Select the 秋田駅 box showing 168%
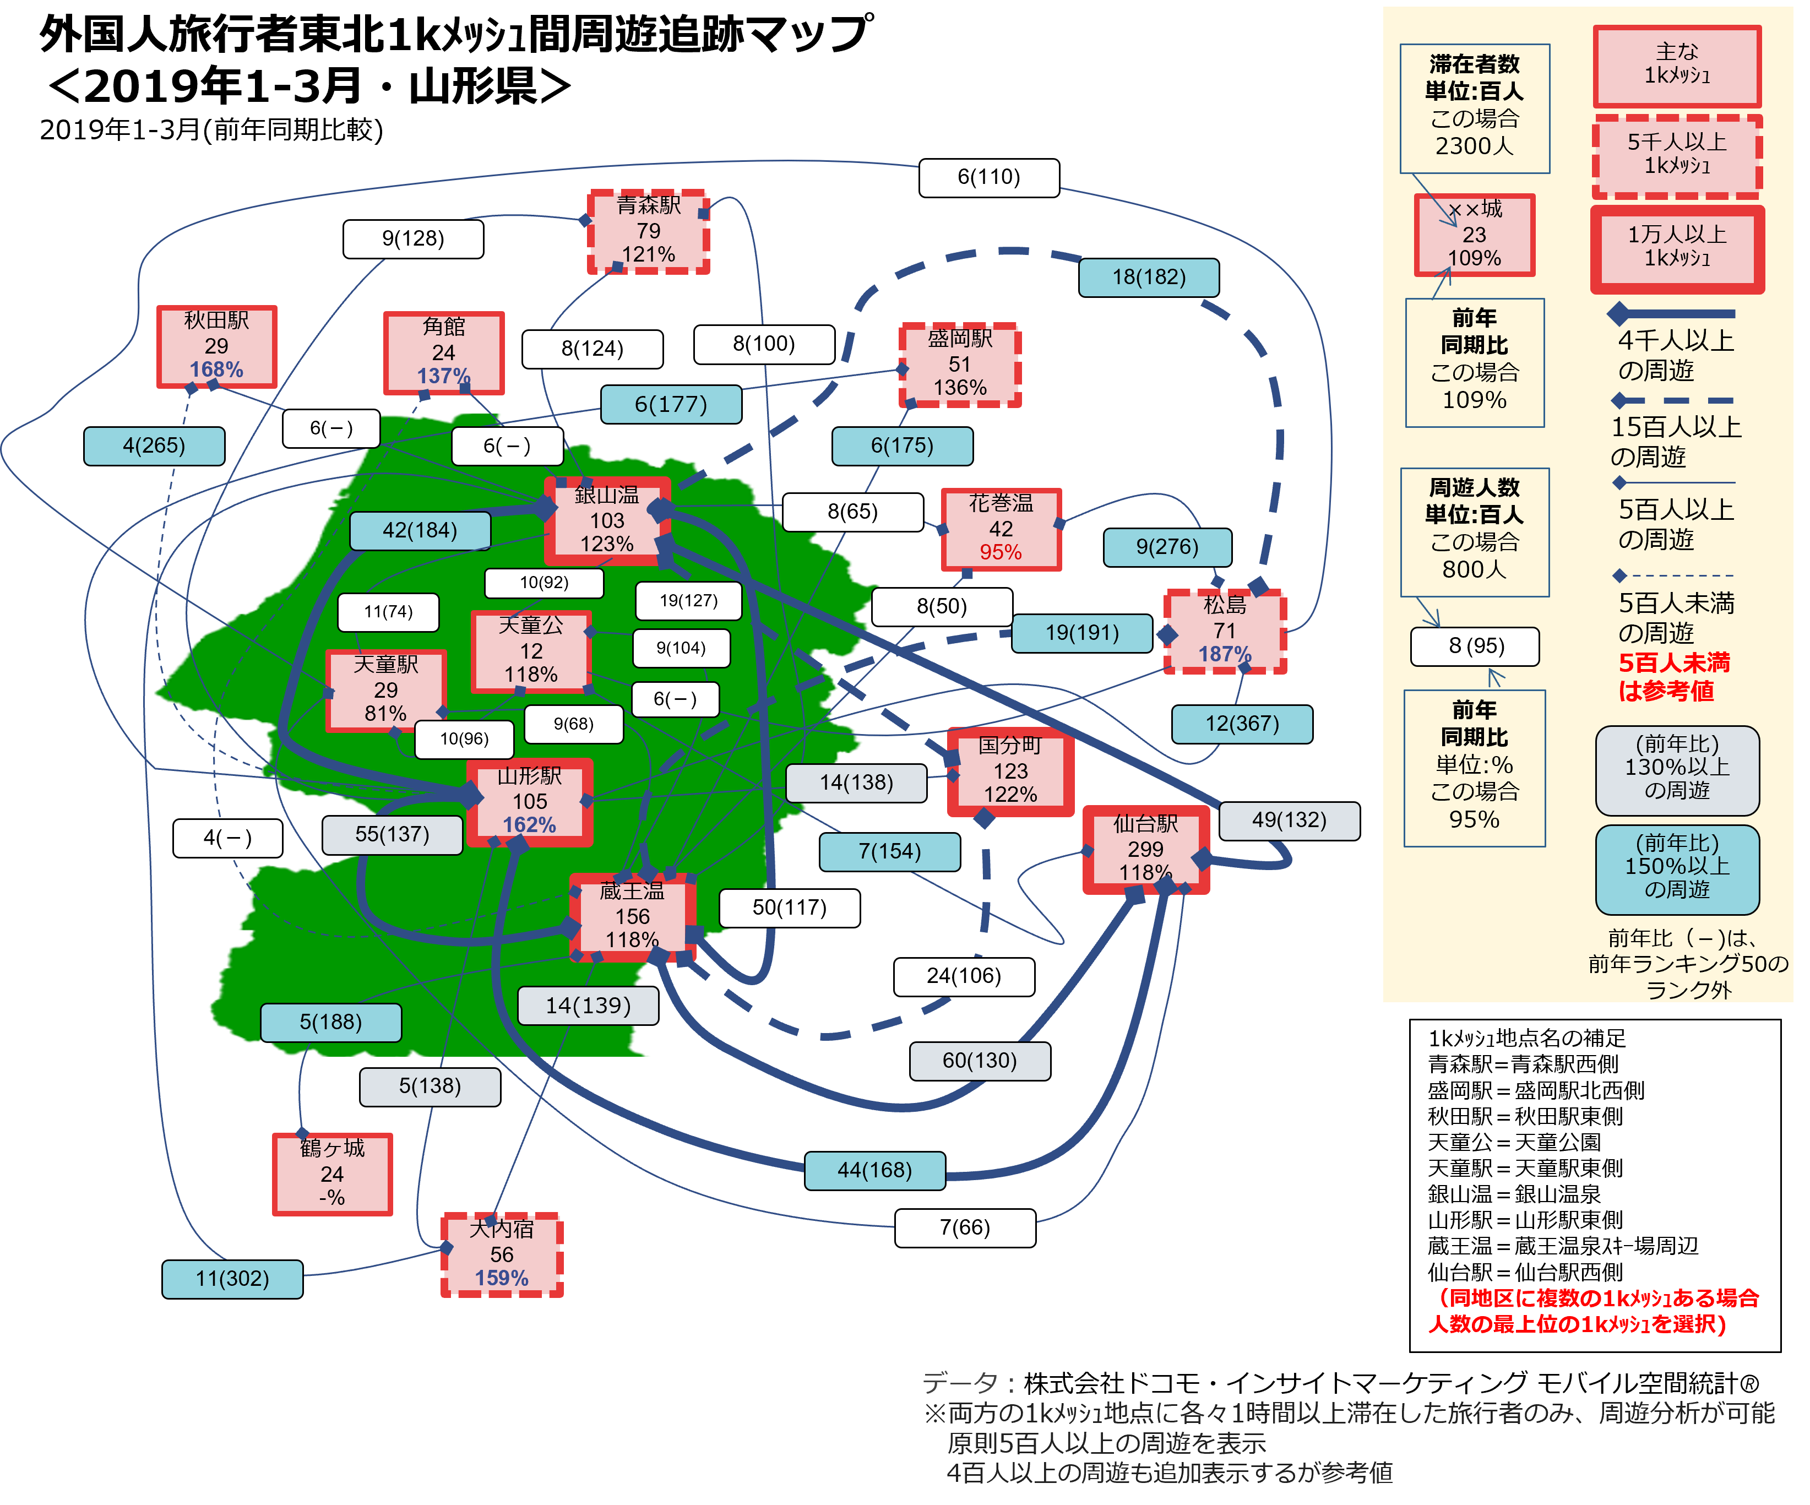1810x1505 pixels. pyautogui.click(x=216, y=346)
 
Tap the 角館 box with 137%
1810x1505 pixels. pyautogui.click(x=444, y=352)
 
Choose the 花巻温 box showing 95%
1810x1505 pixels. pyautogui.click(x=1001, y=529)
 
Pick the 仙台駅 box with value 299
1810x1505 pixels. pyautogui.click(x=1145, y=850)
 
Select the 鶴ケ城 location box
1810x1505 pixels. pyautogui.click(x=333, y=1174)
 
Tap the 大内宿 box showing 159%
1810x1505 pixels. pyautogui.click(x=502, y=1255)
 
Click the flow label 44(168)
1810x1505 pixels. pyautogui.click(x=875, y=1170)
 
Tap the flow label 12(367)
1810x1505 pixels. pyautogui.click(x=1242, y=723)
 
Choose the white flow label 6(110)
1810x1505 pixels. pyautogui.click(x=988, y=177)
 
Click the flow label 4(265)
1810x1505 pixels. pyautogui.click(x=154, y=445)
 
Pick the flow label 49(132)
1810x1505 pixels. pyautogui.click(x=1290, y=820)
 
